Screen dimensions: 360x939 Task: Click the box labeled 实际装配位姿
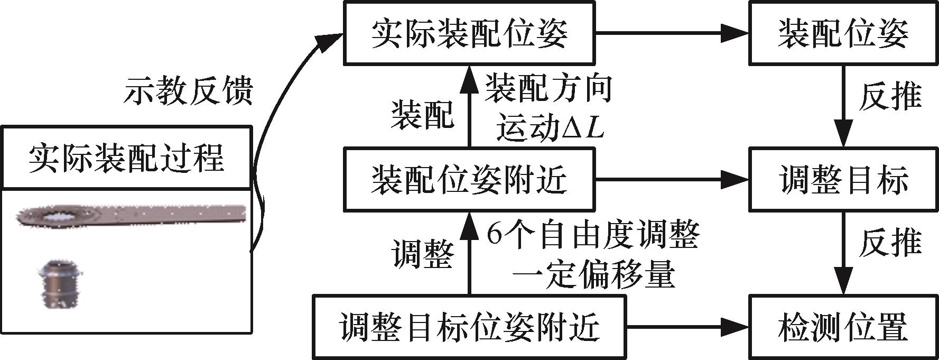469,33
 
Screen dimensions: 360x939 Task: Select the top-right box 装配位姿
842,33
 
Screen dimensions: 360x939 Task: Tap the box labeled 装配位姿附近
469,180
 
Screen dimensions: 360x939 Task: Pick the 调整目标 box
842,180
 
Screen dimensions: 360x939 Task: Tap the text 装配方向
548,87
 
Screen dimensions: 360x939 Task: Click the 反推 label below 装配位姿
890,97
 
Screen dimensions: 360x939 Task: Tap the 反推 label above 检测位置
890,243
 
